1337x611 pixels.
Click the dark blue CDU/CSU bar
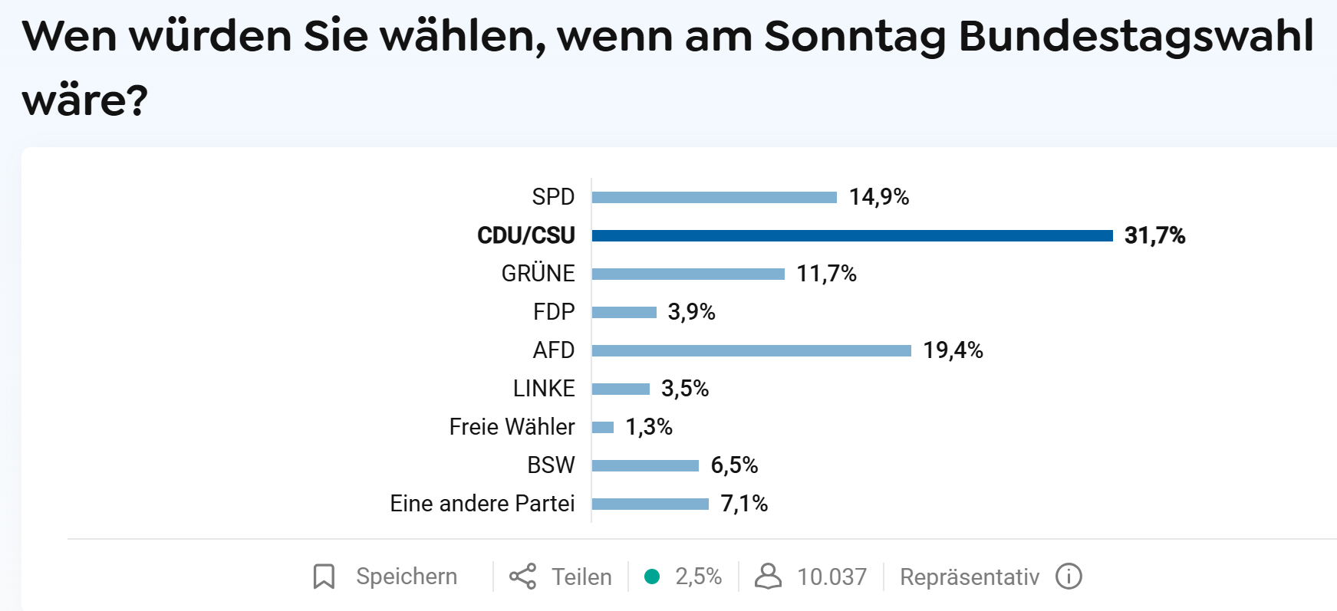pos(851,235)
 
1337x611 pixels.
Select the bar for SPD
pos(714,197)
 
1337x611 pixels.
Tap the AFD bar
pos(751,350)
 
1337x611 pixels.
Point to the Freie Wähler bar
pos(603,427)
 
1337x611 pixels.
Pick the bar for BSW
pos(645,465)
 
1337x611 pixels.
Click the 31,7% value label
pos(1154,235)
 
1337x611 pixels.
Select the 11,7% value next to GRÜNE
pos(826,274)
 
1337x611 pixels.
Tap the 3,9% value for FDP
pos(691,312)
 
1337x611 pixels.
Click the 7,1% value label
pos(744,504)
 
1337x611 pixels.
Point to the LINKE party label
pos(544,389)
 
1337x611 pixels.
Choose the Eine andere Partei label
pos(482,504)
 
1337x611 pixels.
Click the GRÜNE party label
pos(538,274)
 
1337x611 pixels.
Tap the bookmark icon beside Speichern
pos(324,577)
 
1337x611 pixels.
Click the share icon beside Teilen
pos(523,577)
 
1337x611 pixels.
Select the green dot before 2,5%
pos(652,577)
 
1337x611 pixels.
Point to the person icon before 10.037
pos(768,577)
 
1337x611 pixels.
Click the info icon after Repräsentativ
pos(1069,577)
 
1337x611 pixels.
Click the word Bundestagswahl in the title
pos(1136,37)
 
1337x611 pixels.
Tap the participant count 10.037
pos(832,577)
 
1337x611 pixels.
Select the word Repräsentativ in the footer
pos(970,577)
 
